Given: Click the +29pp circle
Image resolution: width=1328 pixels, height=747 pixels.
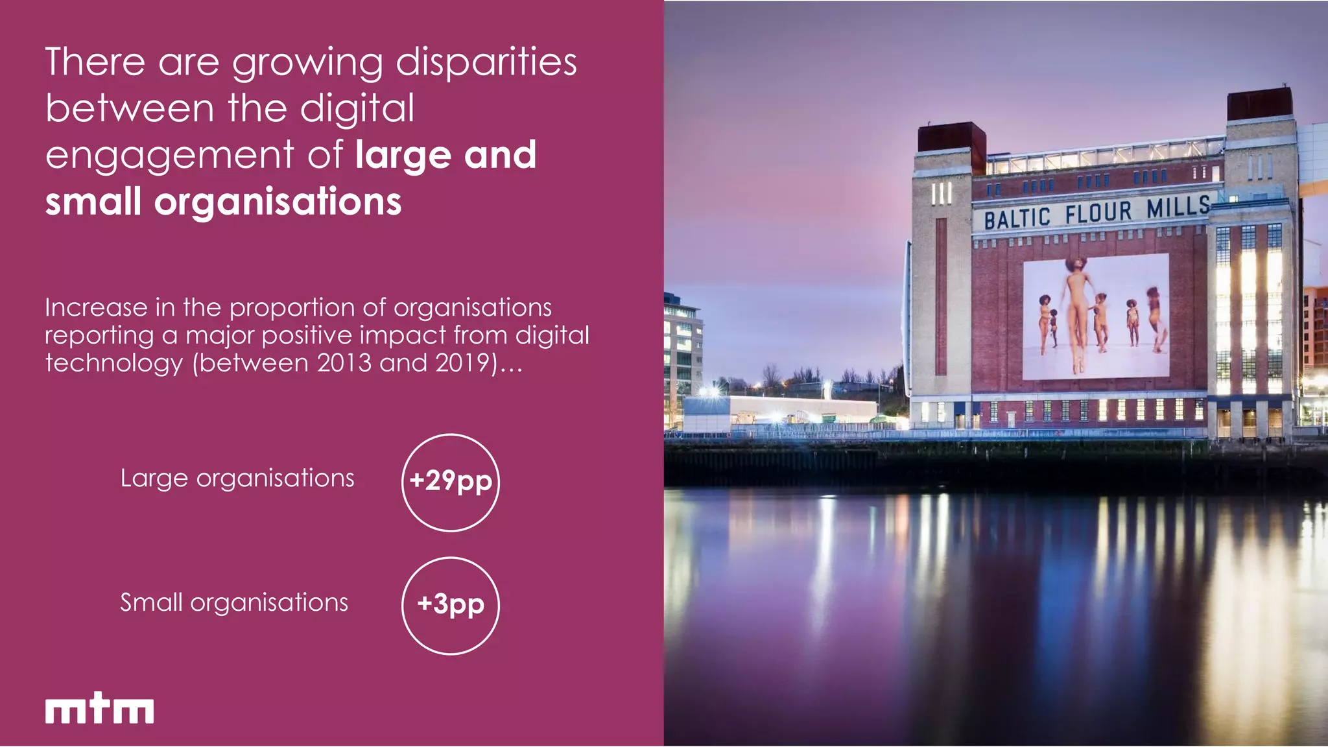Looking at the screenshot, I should pyautogui.click(x=451, y=482).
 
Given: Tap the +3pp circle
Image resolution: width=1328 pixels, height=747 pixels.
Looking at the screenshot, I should pyautogui.click(x=451, y=606).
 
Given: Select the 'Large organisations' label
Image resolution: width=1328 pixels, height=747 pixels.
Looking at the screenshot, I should pyautogui.click(x=237, y=479).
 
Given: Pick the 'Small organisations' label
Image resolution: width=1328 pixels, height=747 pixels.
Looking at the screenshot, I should pyautogui.click(x=234, y=603).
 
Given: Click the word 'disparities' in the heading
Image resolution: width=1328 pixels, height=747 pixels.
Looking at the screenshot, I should pyautogui.click(x=486, y=63).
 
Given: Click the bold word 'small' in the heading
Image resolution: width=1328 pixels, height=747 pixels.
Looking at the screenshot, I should pyautogui.click(x=93, y=202).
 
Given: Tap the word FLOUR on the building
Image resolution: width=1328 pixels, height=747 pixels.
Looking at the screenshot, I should pyautogui.click(x=1098, y=212).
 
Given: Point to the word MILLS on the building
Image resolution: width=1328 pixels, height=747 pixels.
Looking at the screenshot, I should pyautogui.click(x=1178, y=207).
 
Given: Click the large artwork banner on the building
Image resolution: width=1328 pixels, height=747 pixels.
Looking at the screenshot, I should pyautogui.click(x=1096, y=316).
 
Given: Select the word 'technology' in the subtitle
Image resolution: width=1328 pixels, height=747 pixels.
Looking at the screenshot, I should pyautogui.click(x=114, y=363).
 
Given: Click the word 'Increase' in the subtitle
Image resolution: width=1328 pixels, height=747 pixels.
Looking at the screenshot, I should pyautogui.click(x=96, y=307).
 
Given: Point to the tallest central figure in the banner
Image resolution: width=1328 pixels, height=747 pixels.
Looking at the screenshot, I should pyautogui.click(x=1076, y=311).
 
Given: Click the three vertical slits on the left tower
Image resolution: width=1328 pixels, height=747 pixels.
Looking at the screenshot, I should pyautogui.click(x=941, y=193).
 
